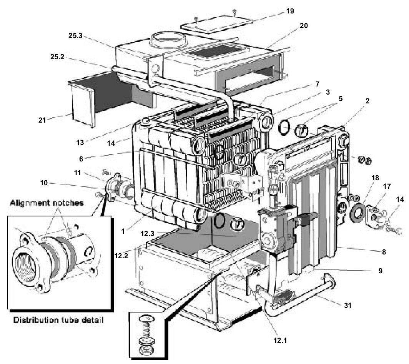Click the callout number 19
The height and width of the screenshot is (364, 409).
[x=289, y=11]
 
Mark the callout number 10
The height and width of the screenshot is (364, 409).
[x=49, y=183]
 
